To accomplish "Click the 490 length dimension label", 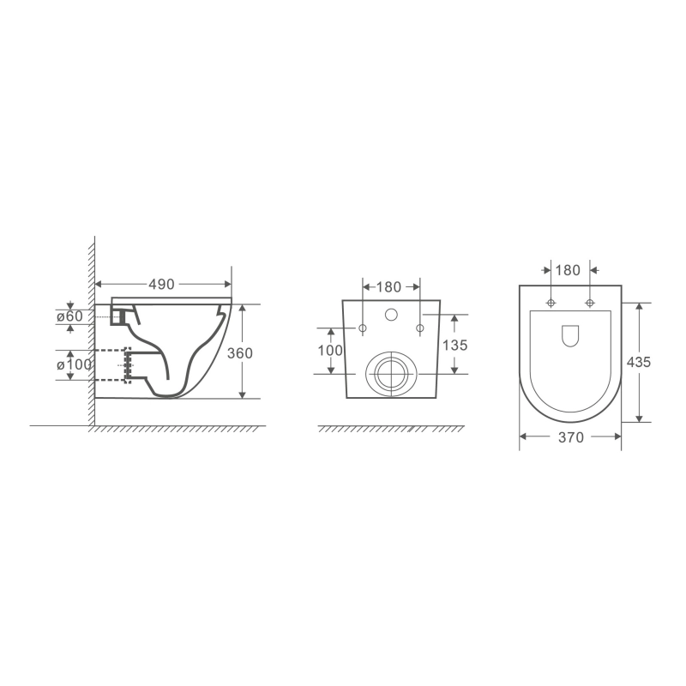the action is (x=161, y=285).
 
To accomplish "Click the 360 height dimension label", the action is (x=240, y=353).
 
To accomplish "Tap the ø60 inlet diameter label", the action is (x=69, y=316).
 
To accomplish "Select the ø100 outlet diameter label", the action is (x=74, y=364).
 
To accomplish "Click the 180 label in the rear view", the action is (x=389, y=287).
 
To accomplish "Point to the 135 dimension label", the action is (x=455, y=346).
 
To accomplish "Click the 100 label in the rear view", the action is (x=330, y=350).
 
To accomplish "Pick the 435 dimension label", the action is (x=639, y=362).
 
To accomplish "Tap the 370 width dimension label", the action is (x=571, y=437).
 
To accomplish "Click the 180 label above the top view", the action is (x=568, y=270).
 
